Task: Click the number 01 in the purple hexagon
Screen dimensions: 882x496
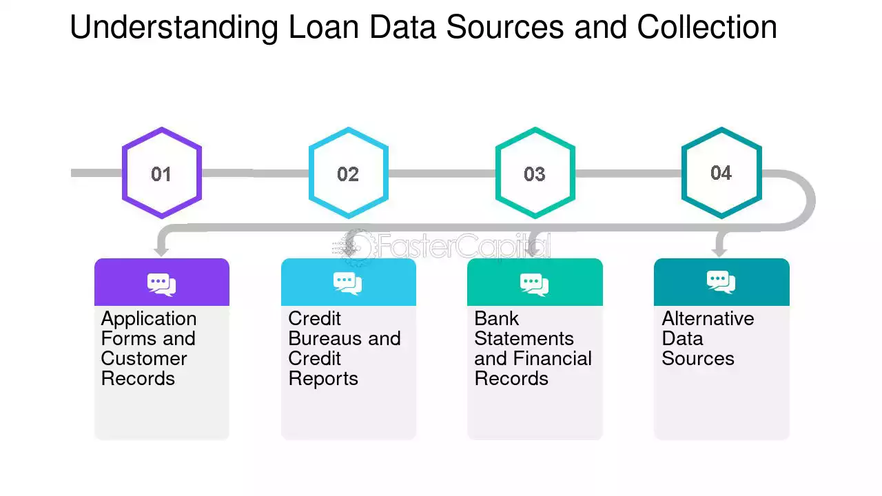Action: coord(161,174)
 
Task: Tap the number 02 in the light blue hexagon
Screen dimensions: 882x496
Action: coord(348,174)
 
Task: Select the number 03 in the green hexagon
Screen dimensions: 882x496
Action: coord(534,174)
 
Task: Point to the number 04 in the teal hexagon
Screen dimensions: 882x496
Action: coord(721,173)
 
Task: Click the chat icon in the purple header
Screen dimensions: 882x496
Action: coord(161,285)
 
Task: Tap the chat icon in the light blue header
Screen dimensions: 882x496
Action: coord(348,283)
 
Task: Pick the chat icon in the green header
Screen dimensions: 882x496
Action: coord(534,285)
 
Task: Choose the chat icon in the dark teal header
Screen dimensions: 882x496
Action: coord(721,282)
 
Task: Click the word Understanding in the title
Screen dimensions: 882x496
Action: coord(174,28)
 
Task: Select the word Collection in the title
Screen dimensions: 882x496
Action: coord(707,27)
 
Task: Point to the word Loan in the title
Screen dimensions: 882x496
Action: coord(324,27)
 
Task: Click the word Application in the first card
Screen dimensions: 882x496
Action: coord(149,319)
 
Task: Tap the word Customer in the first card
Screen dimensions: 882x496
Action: coord(144,359)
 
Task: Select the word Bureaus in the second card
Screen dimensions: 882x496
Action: coord(325,338)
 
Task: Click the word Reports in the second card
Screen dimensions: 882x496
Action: coord(323,379)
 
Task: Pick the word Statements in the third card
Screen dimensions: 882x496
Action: coord(524,338)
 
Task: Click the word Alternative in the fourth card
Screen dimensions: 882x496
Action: coord(708,318)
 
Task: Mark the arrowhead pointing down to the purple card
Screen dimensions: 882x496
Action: coord(161,251)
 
